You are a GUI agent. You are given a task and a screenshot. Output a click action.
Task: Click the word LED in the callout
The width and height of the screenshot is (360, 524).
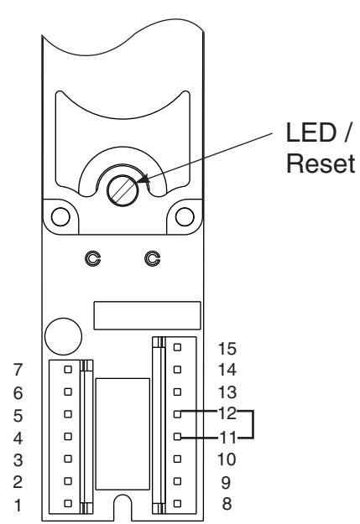coord(310,132)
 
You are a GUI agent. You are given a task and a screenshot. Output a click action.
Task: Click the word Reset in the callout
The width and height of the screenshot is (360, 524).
coord(321,163)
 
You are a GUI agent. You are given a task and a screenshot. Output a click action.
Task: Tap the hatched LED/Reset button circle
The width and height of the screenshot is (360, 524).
coord(123,190)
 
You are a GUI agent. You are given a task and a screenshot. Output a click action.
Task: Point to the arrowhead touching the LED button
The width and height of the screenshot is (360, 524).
coord(143,179)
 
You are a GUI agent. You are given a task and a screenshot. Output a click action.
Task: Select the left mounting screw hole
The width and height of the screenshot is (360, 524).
coord(60,216)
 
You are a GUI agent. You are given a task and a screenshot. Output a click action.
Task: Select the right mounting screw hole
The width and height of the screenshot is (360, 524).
coord(185,216)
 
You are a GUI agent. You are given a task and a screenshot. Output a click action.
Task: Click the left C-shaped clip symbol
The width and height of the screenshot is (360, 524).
coord(92,259)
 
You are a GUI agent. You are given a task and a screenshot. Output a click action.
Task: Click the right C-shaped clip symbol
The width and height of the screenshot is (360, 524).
coord(152,259)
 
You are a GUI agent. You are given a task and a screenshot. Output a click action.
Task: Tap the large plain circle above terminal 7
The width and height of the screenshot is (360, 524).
coord(63,336)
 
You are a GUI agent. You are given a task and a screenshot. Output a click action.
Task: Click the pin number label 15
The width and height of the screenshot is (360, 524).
coord(227,349)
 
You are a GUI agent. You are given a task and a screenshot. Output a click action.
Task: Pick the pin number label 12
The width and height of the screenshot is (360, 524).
coord(227,413)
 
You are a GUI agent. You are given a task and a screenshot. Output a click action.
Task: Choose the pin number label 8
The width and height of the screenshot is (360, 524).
coord(227,504)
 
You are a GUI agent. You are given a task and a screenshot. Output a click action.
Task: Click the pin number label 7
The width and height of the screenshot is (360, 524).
coord(18,370)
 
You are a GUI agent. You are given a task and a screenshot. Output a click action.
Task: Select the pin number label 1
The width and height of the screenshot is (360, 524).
coord(18,506)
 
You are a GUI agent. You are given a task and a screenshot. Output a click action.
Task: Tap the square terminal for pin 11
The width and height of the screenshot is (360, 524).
coord(177,437)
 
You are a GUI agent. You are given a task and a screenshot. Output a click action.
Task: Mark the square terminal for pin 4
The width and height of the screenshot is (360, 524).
coord(68,437)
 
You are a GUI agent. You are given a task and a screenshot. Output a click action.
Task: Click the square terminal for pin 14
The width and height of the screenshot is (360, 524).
coord(177,370)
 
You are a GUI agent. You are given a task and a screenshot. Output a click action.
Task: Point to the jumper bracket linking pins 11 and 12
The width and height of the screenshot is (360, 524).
coord(253,423)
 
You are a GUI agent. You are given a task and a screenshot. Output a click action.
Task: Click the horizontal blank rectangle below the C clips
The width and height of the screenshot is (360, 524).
coord(147,315)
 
